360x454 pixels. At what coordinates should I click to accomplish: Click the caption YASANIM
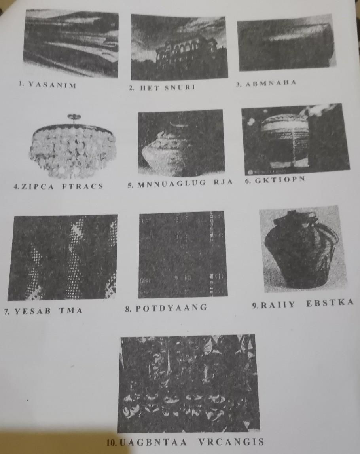tap(52, 85)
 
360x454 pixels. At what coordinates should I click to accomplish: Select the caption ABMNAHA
tap(271, 84)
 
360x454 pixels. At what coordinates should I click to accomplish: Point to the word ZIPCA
tap(38, 186)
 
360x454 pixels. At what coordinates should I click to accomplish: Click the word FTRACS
tap(82, 186)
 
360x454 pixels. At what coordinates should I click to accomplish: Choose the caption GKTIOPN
tap(280, 180)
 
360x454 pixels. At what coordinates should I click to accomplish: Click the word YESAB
tap(32, 311)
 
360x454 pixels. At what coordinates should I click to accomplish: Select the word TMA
tap(71, 311)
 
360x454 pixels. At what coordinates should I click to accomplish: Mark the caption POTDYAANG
tap(171, 308)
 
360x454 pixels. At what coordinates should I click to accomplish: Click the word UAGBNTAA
tap(153, 443)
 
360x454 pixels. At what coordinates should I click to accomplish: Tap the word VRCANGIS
tap(231, 442)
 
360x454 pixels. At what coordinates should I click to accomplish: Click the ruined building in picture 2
tap(185, 53)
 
